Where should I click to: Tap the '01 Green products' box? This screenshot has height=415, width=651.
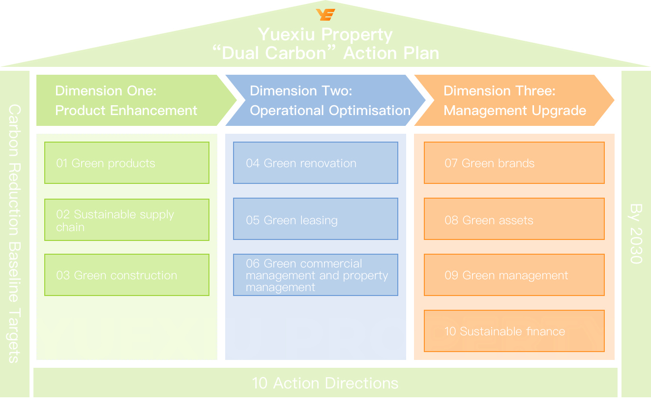126,163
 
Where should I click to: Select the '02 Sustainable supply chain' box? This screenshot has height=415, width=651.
126,220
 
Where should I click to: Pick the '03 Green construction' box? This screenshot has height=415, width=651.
126,275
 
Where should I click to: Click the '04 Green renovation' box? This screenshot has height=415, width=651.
315,163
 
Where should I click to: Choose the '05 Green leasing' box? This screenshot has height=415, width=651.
315,219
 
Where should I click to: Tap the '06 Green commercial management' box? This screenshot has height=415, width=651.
315,275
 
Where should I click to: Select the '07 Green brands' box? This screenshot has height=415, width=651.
514,163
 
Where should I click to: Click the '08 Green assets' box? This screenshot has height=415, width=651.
514,219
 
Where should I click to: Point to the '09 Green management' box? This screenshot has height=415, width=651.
514,275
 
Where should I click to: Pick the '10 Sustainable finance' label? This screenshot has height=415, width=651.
504,331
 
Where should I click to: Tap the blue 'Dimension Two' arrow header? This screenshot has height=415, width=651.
325,100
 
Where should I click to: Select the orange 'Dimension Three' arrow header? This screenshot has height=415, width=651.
511,100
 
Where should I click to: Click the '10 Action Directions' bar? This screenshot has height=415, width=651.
325,383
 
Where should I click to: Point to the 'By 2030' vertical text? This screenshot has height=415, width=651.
636,234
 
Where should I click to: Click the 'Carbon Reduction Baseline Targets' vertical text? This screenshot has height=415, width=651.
14,234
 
